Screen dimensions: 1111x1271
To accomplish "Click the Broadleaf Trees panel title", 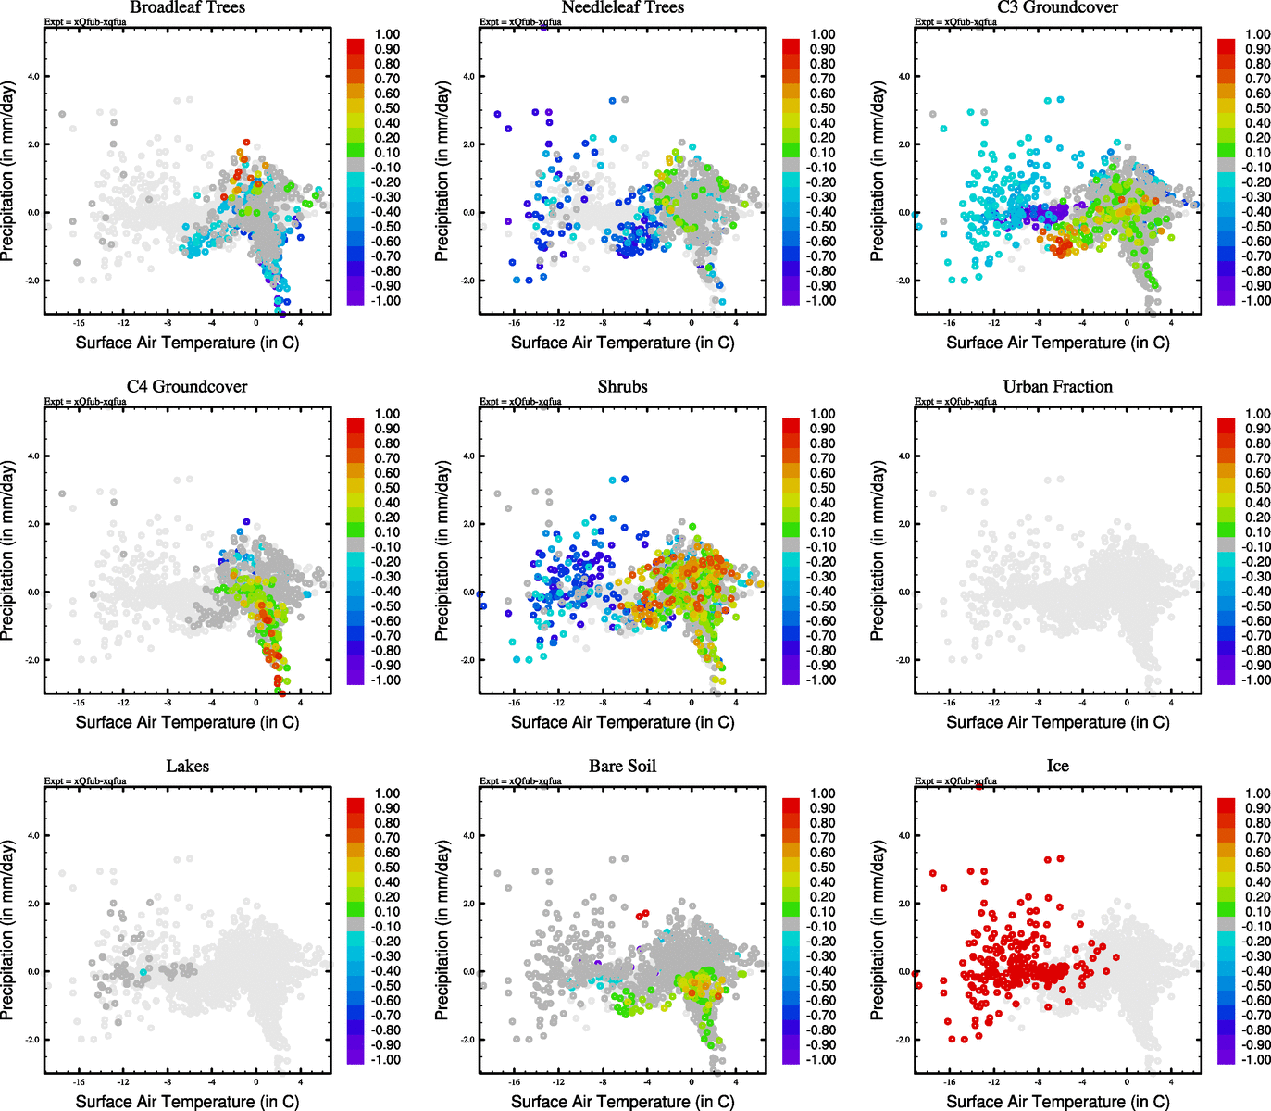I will coord(187,7).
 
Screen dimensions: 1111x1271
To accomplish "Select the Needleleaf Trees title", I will coord(622,7).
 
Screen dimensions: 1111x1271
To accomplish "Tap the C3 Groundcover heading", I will coord(1057,7).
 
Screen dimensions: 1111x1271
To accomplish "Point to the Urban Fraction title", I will coord(1057,386).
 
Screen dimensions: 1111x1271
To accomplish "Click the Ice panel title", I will coord(1057,766).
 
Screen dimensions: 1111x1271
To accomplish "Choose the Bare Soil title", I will coord(622,766).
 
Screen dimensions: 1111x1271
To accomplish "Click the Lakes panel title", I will coord(187,766).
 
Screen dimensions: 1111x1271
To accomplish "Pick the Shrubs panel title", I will coord(622,386).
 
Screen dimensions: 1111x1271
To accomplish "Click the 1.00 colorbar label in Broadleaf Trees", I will coord(387,34).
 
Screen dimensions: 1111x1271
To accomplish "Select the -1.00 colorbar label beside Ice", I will coord(1257,1059).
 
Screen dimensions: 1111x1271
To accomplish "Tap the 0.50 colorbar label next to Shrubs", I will coord(822,488).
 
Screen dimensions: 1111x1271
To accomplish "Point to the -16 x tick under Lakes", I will coord(79,1081).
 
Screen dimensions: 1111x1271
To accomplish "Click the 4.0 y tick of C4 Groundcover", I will coord(32,456).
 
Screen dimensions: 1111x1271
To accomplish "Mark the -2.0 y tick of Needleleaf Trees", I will coord(467,281).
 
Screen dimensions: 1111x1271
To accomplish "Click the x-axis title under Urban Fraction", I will coord(1057,722).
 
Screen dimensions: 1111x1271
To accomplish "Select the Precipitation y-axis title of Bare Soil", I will coord(442,930).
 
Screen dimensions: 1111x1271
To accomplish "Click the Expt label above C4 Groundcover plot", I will coord(85,402).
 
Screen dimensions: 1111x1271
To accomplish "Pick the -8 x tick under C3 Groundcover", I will coord(1038,323).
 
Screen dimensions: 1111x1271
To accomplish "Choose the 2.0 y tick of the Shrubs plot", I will coord(467,524).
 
